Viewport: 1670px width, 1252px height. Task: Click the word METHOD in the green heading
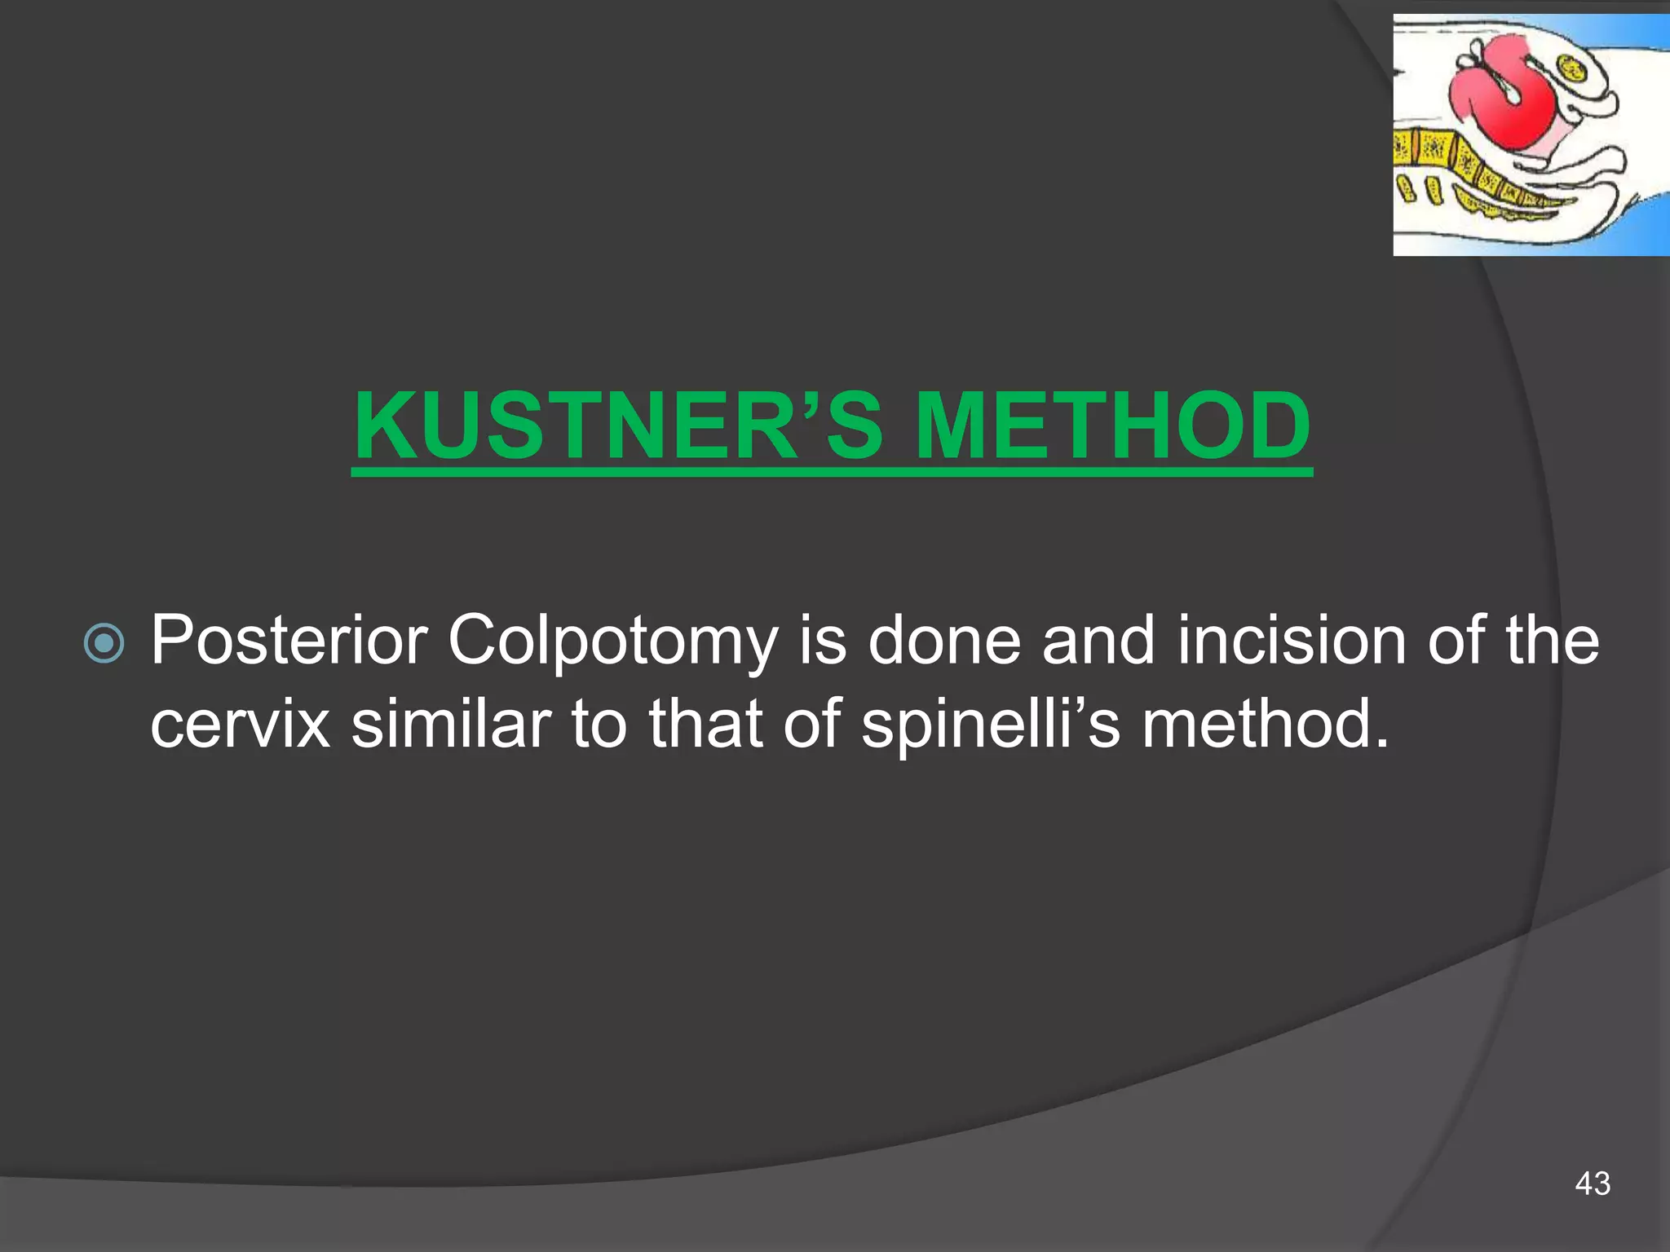point(1112,425)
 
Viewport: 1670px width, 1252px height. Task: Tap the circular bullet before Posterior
point(104,643)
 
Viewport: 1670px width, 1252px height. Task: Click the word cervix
point(241,725)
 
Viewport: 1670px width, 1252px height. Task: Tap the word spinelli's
point(991,725)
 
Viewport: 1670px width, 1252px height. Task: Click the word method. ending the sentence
point(1264,724)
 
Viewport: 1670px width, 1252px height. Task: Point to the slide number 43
point(1593,1183)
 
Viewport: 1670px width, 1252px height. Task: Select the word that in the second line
point(706,724)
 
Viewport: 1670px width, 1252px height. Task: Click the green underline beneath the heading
point(832,472)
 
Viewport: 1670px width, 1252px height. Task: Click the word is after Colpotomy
point(822,641)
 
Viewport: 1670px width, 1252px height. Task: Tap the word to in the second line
point(599,724)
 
